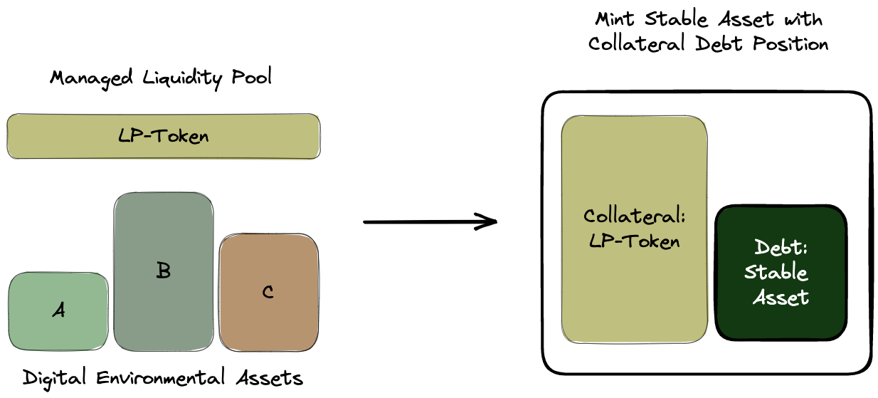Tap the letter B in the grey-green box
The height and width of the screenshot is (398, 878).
(x=163, y=271)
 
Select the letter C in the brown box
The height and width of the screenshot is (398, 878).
(x=268, y=292)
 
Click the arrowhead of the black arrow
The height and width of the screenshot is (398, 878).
(x=490, y=222)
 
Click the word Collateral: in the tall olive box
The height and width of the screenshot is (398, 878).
(x=635, y=216)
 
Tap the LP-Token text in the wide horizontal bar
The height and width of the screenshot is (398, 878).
(x=164, y=135)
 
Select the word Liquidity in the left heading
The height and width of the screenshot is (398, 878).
(x=184, y=77)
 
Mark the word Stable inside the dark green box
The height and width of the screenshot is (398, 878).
(x=777, y=273)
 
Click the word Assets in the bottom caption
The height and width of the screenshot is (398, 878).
(x=271, y=377)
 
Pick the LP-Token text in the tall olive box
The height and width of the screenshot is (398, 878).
(x=635, y=241)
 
